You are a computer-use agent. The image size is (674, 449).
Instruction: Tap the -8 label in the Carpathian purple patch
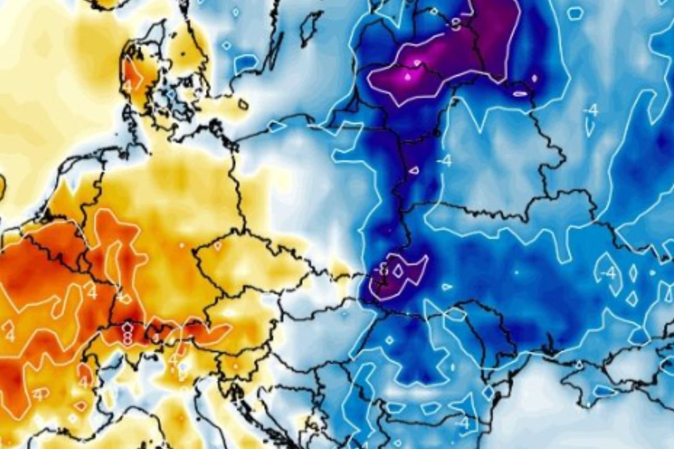point(383,270)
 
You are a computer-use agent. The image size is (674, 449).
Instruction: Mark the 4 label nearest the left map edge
point(9,335)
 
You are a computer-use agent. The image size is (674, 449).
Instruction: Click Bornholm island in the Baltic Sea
point(243,105)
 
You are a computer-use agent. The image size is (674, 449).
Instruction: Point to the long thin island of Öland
point(275,49)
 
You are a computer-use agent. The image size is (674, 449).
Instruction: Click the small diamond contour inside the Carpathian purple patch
point(398,270)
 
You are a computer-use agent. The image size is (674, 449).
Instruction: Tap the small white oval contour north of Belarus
point(519,94)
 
